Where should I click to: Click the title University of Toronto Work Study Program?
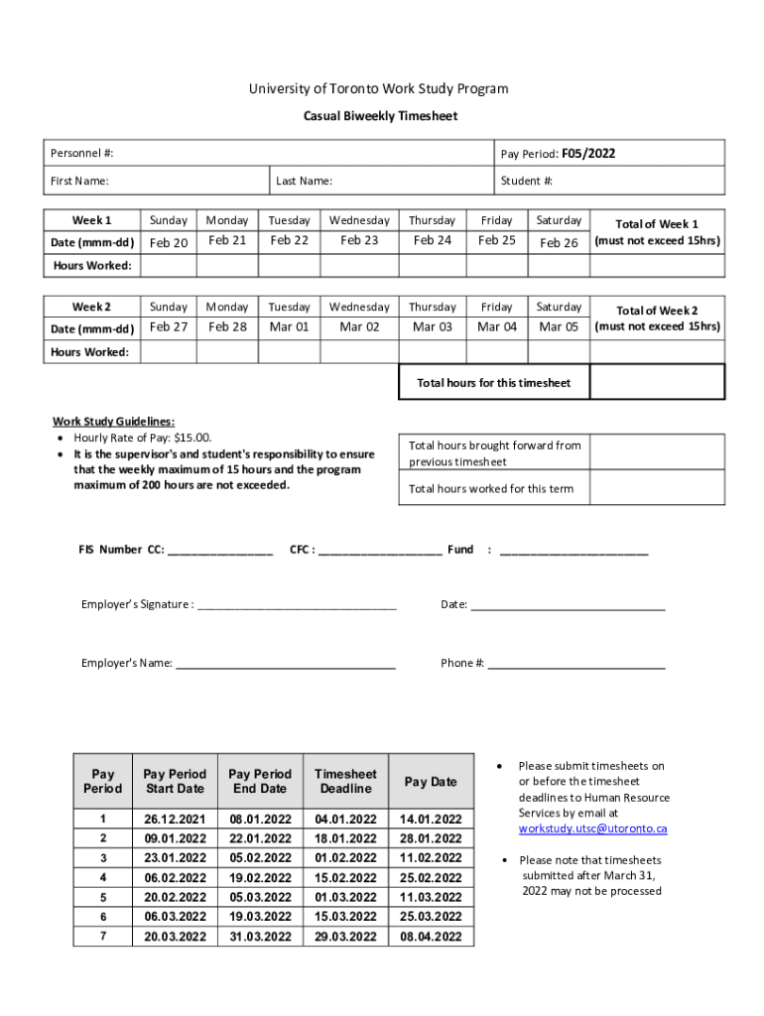(x=378, y=89)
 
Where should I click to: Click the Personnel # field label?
(x=82, y=154)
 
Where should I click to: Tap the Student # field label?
(x=526, y=181)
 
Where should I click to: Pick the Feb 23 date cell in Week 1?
(x=359, y=240)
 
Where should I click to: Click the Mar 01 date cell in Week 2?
(x=290, y=326)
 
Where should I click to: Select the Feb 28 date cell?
(x=227, y=326)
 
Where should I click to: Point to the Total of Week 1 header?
(x=657, y=224)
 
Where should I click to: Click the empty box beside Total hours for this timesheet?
(x=657, y=382)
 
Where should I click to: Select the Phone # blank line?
(x=575, y=664)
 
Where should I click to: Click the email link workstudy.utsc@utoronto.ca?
(x=592, y=828)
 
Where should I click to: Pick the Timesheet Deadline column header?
(x=345, y=781)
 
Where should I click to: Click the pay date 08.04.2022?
(x=431, y=937)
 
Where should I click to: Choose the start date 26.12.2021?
(x=175, y=820)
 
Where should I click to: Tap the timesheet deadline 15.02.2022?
(x=345, y=878)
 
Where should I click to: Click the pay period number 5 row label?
(x=103, y=897)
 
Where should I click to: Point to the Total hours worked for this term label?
(x=491, y=489)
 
